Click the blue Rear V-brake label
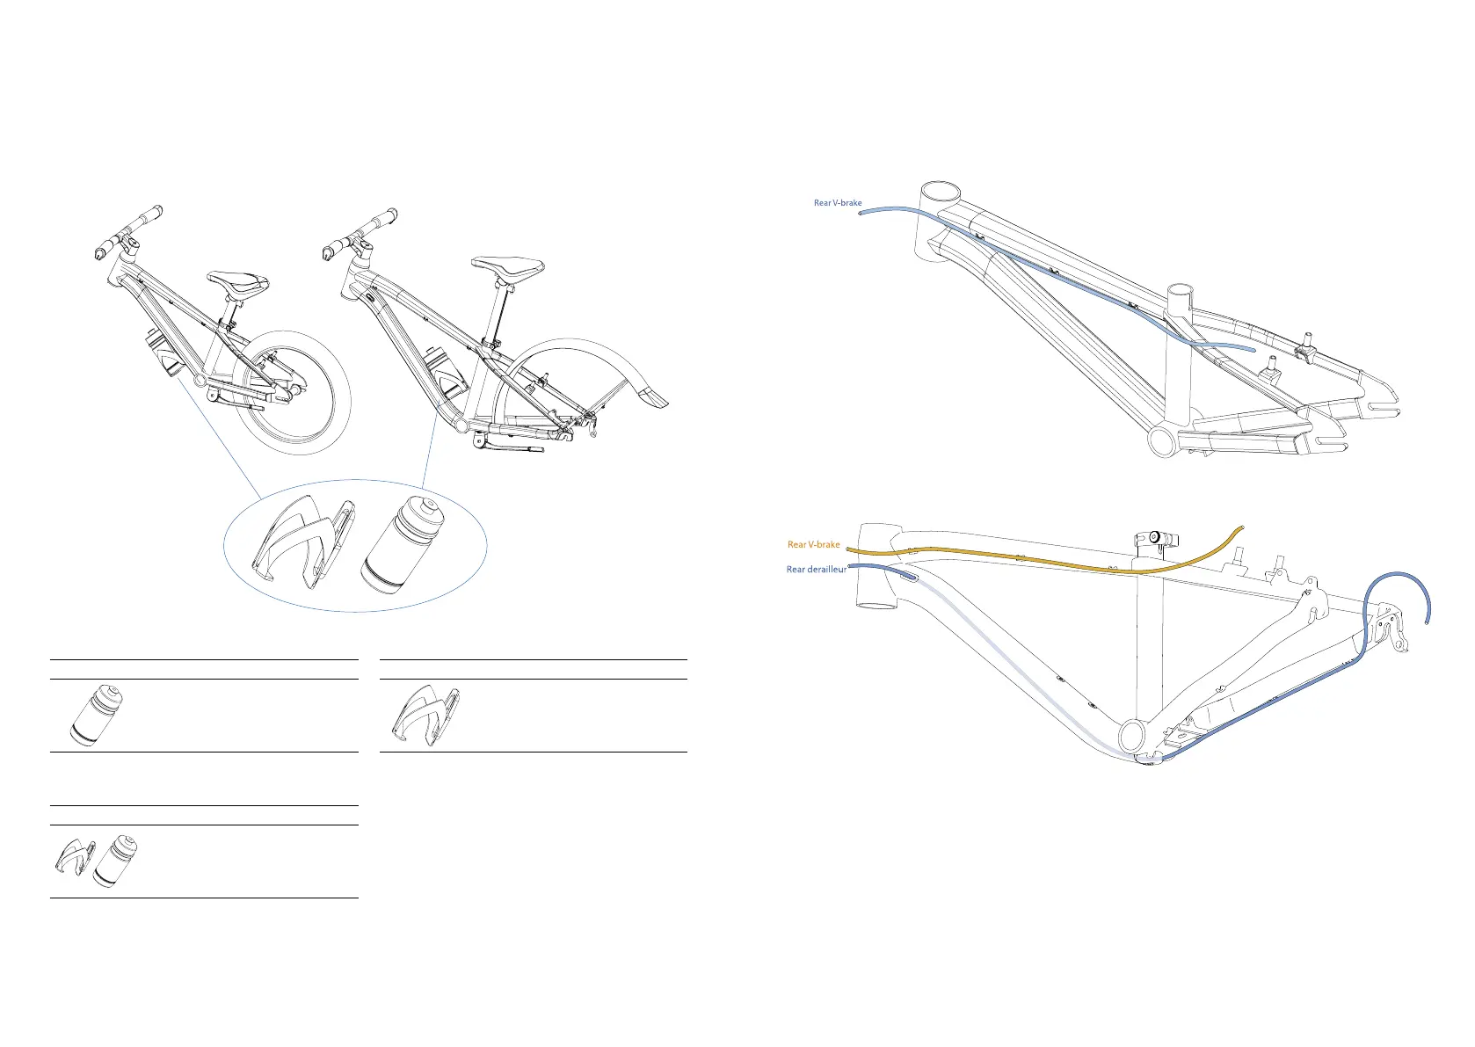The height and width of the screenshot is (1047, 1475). [x=837, y=203]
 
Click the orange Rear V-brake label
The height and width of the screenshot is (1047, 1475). [x=813, y=545]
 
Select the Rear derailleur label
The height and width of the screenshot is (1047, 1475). [x=816, y=570]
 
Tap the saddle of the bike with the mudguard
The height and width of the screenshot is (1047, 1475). [x=508, y=265]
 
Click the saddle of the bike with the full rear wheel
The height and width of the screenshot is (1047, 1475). [x=237, y=283]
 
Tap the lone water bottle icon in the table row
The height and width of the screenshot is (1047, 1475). [x=97, y=715]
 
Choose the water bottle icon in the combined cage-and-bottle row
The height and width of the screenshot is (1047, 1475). [x=115, y=861]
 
